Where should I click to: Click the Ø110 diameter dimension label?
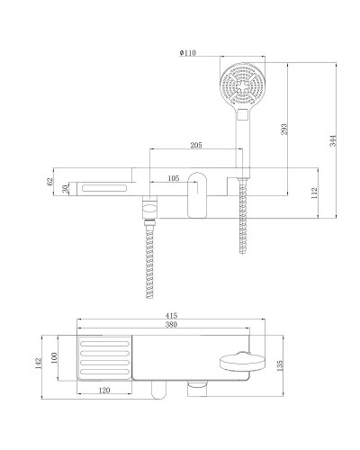coord(187,53)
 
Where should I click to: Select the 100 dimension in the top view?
coord(55,358)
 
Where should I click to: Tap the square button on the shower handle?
coord(241,116)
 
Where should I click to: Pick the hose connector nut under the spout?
coord(149,212)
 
